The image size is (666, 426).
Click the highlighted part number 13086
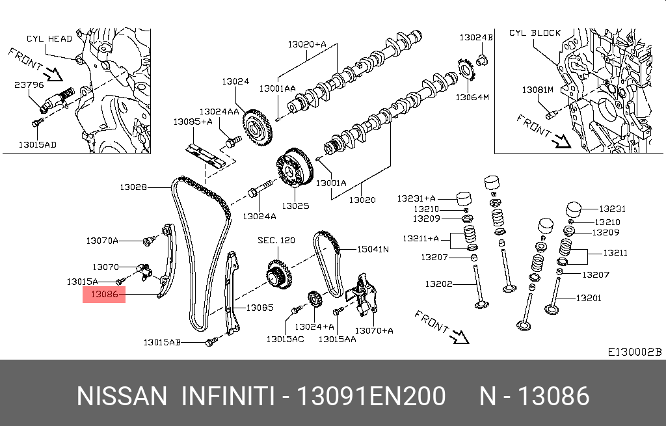click(x=103, y=294)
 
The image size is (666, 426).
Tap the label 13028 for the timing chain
click(x=132, y=187)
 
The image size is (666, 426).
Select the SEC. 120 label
click(x=276, y=240)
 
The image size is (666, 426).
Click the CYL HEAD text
click(x=49, y=38)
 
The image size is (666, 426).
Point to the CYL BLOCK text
click(x=535, y=33)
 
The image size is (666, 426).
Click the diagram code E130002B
click(x=634, y=352)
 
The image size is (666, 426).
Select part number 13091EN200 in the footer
click(x=371, y=396)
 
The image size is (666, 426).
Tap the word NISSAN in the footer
click(x=122, y=396)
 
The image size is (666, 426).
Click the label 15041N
click(x=372, y=248)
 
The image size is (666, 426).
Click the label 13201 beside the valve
click(x=589, y=299)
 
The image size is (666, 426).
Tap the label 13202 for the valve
click(x=439, y=284)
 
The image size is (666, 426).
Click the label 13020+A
click(x=307, y=44)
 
